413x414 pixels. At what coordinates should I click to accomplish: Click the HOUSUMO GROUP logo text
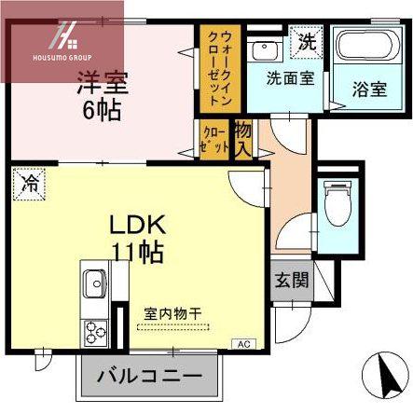point(62,58)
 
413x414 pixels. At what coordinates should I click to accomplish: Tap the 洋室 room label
point(103,83)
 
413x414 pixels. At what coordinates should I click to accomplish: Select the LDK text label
point(137,225)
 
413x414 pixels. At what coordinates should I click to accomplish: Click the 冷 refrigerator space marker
point(29,185)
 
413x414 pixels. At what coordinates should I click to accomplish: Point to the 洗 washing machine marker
point(307,42)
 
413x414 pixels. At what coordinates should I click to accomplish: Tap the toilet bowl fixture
point(337,204)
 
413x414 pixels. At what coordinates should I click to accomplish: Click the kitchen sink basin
point(95,283)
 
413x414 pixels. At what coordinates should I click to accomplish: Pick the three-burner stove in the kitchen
point(94,334)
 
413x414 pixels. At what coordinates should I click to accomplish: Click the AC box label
point(244,344)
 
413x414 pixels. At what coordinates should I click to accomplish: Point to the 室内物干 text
point(172,314)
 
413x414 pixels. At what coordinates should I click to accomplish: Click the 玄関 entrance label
point(292,281)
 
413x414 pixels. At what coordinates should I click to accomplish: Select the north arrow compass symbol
point(386,375)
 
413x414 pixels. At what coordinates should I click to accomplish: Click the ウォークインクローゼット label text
point(220,68)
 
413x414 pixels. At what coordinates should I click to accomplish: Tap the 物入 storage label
point(243,139)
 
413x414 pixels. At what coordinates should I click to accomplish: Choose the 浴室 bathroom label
point(369,90)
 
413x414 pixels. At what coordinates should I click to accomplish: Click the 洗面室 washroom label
point(291,78)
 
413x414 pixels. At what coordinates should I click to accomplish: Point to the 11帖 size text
point(138,253)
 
